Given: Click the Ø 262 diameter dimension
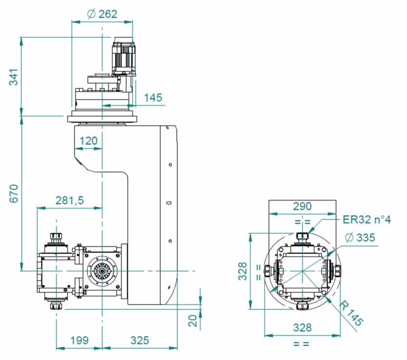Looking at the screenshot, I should (x=102, y=14).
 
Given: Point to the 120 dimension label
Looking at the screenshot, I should (x=88, y=141).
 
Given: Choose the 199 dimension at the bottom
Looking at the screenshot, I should (x=79, y=340).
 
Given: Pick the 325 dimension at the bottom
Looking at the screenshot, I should (x=140, y=340).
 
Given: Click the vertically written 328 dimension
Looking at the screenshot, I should (x=244, y=272).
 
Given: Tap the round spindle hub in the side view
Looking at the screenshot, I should (x=102, y=271).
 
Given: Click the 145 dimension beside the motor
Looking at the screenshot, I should (x=153, y=98).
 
